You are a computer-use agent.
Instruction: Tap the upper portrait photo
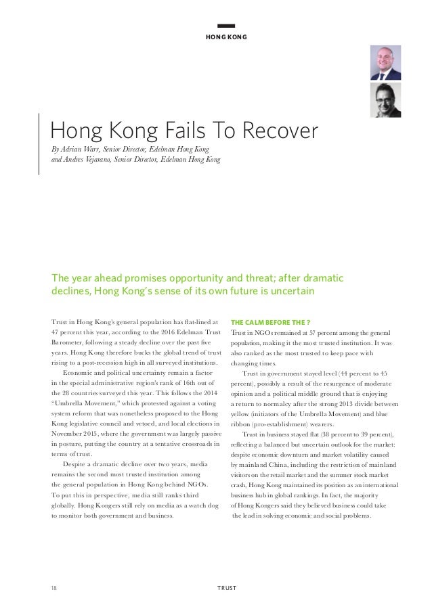click(x=385, y=63)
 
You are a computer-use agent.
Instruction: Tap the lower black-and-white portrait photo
click(x=385, y=100)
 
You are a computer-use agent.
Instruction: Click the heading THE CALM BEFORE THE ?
click(x=265, y=321)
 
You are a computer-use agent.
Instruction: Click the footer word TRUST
click(x=226, y=587)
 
